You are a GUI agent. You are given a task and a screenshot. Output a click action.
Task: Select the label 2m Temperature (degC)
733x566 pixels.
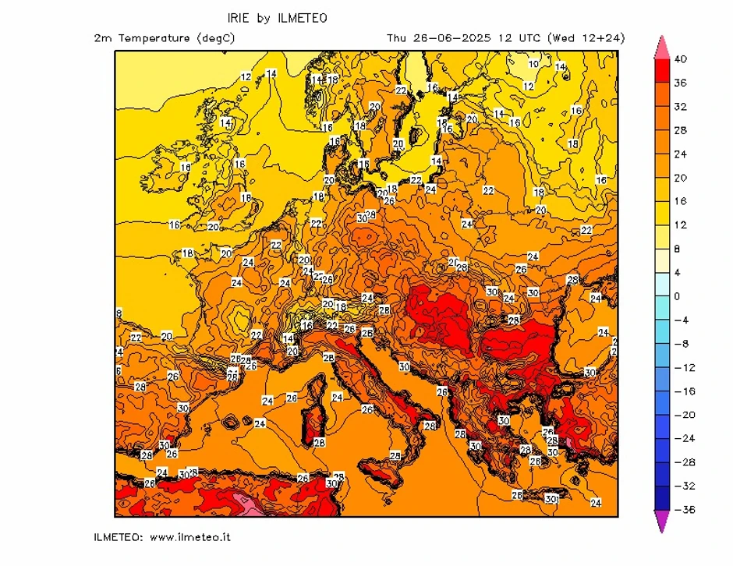[163, 37]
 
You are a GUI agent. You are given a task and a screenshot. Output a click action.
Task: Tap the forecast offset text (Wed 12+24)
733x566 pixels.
[586, 37]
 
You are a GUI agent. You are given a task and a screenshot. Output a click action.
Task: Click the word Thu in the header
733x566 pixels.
[397, 37]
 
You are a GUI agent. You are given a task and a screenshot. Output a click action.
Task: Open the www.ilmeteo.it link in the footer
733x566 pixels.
[189, 537]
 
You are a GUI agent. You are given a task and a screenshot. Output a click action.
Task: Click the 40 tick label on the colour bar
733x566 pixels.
[680, 58]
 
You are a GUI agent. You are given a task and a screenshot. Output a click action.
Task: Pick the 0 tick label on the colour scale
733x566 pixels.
[676, 296]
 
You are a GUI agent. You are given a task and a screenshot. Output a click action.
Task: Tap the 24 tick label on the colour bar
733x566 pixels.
[680, 154]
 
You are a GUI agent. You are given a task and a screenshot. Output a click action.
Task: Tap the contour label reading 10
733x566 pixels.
[533, 64]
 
